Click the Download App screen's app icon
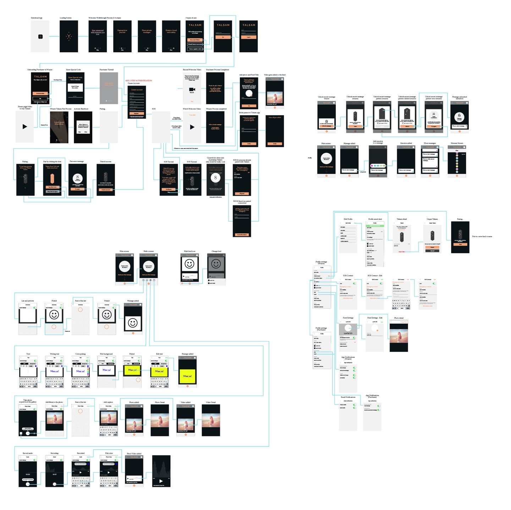[x=40, y=37]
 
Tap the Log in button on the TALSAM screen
[x=248, y=37]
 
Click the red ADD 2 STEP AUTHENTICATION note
[x=138, y=81]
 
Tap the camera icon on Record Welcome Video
[x=192, y=89]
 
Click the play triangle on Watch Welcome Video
[x=192, y=127]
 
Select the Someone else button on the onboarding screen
[x=40, y=93]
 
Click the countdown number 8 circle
[x=215, y=178]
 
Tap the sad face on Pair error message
[x=77, y=178]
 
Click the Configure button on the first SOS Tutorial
[x=169, y=189]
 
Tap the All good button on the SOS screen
[x=242, y=194]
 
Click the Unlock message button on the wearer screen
[x=326, y=126]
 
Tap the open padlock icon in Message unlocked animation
[x=459, y=116]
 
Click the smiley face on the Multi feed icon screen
[x=189, y=264]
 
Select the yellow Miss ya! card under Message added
[x=187, y=376]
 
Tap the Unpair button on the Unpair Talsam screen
[x=432, y=247]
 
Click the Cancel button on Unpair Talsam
[x=432, y=251]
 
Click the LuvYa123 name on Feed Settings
[x=348, y=333]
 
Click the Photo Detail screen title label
[x=159, y=402]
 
